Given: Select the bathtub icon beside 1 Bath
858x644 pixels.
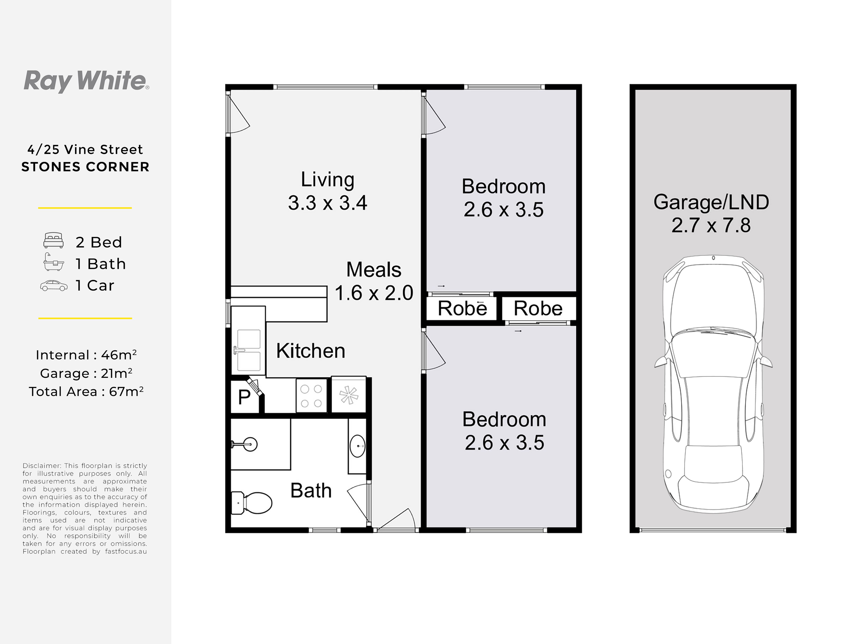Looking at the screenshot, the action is click(53, 262).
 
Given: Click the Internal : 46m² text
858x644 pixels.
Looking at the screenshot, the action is click(86, 355).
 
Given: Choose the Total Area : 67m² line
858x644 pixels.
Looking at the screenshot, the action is click(86, 391).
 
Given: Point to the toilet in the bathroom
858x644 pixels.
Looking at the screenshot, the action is click(252, 503).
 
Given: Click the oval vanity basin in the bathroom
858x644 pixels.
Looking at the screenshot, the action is click(357, 446).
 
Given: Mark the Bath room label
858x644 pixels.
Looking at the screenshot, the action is click(311, 490).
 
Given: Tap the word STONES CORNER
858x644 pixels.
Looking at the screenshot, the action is click(85, 167).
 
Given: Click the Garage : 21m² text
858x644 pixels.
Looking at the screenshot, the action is click(86, 373).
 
